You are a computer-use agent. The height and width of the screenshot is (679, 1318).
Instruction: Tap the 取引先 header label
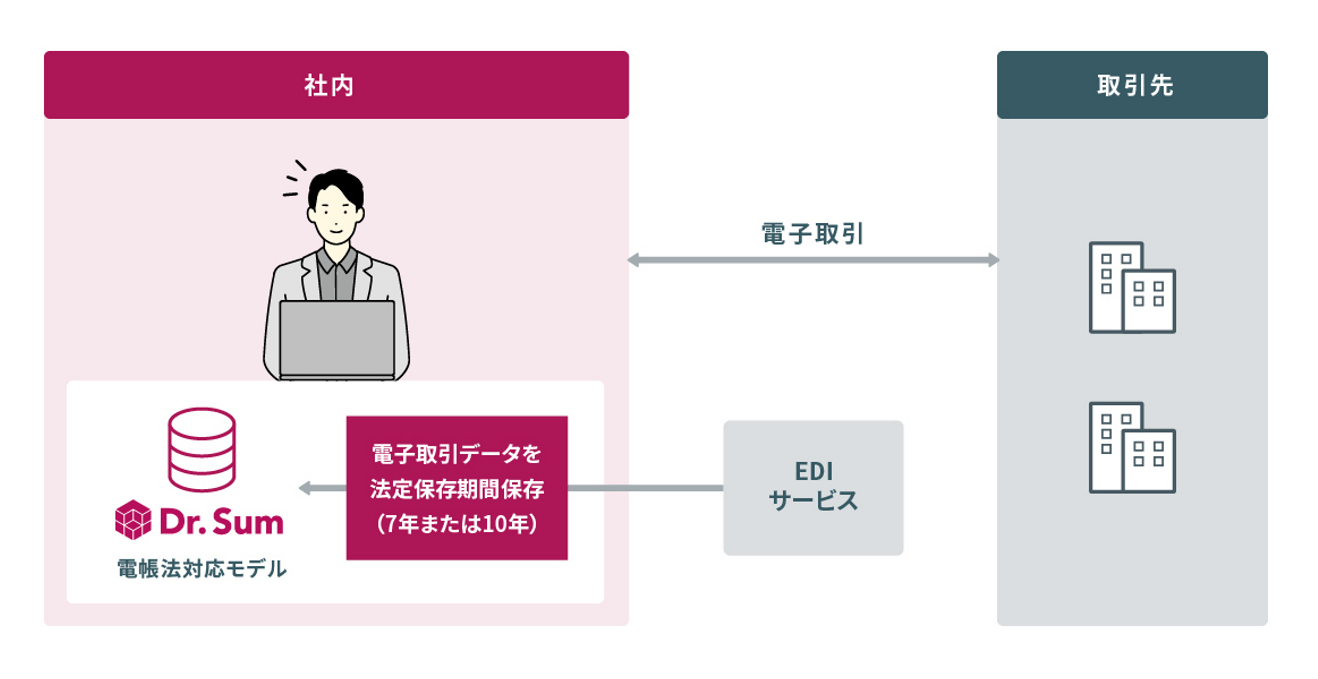point(1133,85)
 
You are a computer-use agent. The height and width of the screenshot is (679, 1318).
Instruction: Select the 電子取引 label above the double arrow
point(813,234)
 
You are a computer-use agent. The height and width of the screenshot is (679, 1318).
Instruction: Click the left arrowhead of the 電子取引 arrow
point(634,261)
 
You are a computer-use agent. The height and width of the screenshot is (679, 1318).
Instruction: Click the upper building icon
point(1132,288)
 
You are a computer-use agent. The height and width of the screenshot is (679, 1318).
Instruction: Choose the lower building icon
point(1132,447)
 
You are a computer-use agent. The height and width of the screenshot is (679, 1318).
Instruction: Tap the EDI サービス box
point(813,488)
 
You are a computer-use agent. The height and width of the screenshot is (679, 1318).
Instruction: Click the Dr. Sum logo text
point(220,521)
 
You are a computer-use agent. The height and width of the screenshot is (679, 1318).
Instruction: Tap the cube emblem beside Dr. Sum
point(132,521)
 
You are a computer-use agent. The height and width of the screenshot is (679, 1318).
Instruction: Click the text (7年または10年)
point(458,523)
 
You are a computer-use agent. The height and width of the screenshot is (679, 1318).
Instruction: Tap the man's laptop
point(336,340)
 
